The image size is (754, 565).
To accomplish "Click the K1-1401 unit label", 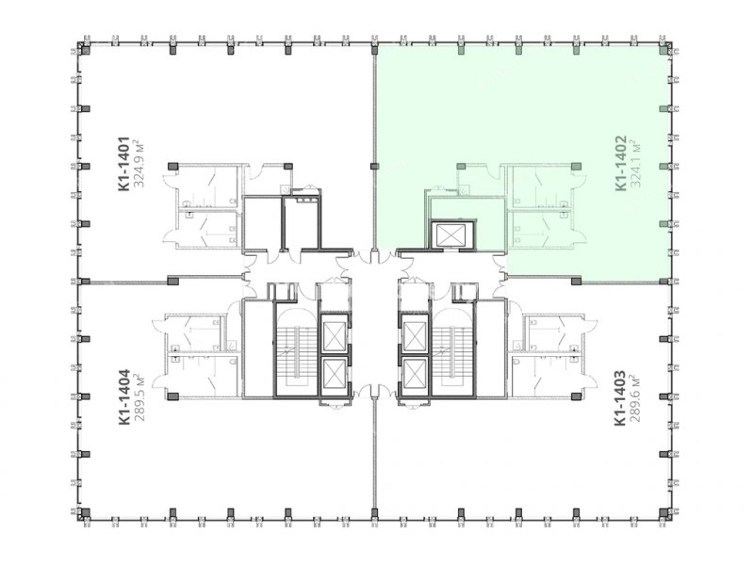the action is (124, 164).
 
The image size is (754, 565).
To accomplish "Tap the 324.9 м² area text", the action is (139, 164).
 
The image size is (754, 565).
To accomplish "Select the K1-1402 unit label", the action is (621, 163).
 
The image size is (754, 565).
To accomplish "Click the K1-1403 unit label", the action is (620, 397).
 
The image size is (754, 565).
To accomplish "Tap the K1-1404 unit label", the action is (124, 396).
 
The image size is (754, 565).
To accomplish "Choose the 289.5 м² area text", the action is (139, 396).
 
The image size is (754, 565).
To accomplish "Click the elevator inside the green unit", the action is (452, 234).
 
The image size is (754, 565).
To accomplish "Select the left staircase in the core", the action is (295, 349).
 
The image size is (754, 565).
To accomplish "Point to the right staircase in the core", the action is (452, 349).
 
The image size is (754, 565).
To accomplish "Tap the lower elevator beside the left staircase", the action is (334, 374).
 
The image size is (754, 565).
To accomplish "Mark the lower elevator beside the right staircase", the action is (415, 374).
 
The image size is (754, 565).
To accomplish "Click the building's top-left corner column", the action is (85, 50).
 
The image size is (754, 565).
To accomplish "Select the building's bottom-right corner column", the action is (664, 512).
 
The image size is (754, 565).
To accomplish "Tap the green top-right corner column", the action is (664, 50).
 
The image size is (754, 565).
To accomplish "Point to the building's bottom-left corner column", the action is (85, 512).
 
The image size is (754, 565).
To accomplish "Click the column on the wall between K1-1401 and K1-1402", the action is (374, 167).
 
